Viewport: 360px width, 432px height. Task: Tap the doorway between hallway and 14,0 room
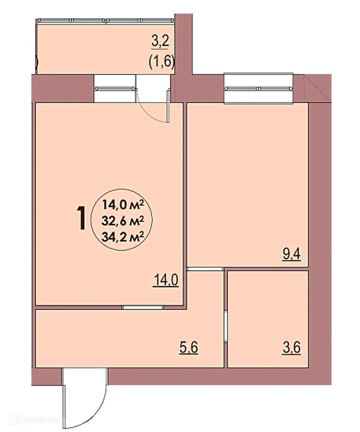coord(143,307)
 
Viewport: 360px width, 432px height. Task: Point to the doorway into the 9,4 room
coord(204,269)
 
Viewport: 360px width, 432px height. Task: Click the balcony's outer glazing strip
coord(105,21)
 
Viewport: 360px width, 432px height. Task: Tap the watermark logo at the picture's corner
coord(17,420)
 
